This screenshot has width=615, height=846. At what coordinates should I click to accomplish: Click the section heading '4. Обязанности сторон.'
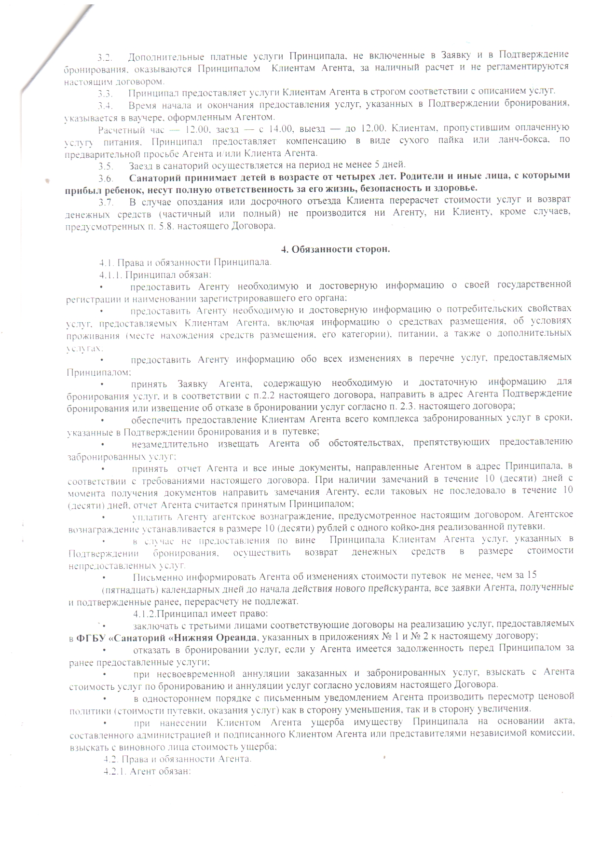[x=335, y=249]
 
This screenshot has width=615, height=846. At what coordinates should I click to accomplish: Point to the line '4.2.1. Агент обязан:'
[x=148, y=772]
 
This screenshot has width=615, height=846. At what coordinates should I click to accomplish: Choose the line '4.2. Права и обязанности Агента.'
[x=178, y=759]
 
